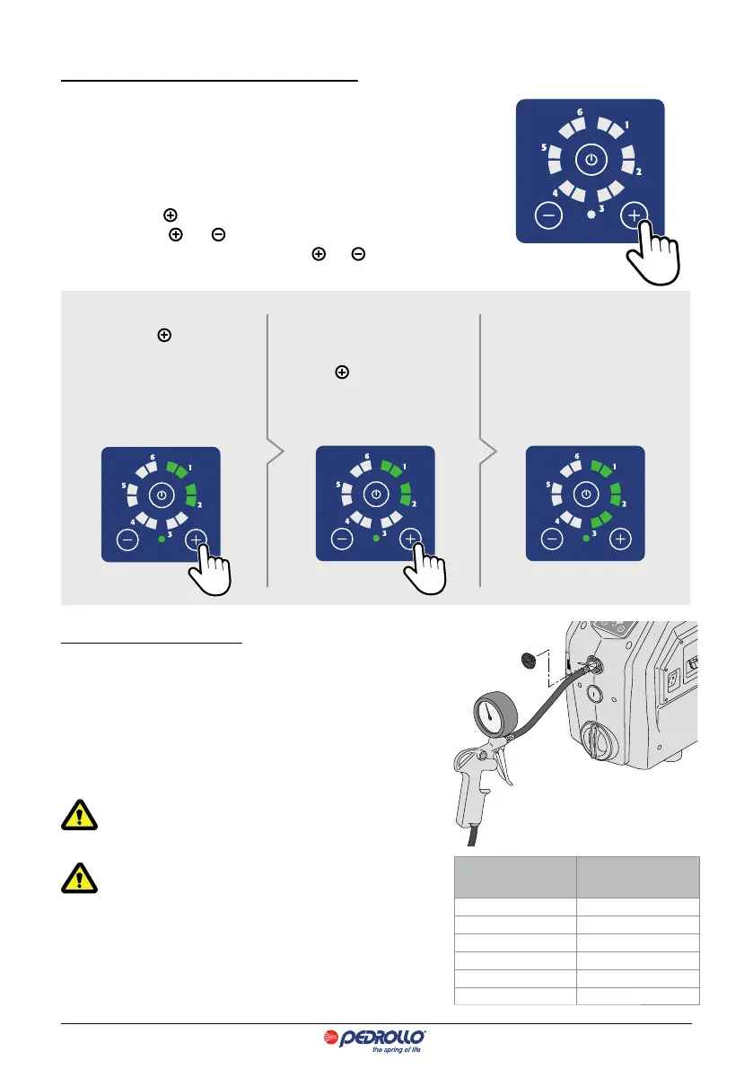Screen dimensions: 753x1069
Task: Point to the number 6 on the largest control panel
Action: tap(580, 113)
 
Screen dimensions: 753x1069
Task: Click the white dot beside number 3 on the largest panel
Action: tap(590, 215)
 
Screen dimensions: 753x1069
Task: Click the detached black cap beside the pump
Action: tap(529, 662)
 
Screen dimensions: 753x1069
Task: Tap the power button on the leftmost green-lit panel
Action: tap(160, 495)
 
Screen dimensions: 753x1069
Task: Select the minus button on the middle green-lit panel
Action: tap(341, 539)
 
